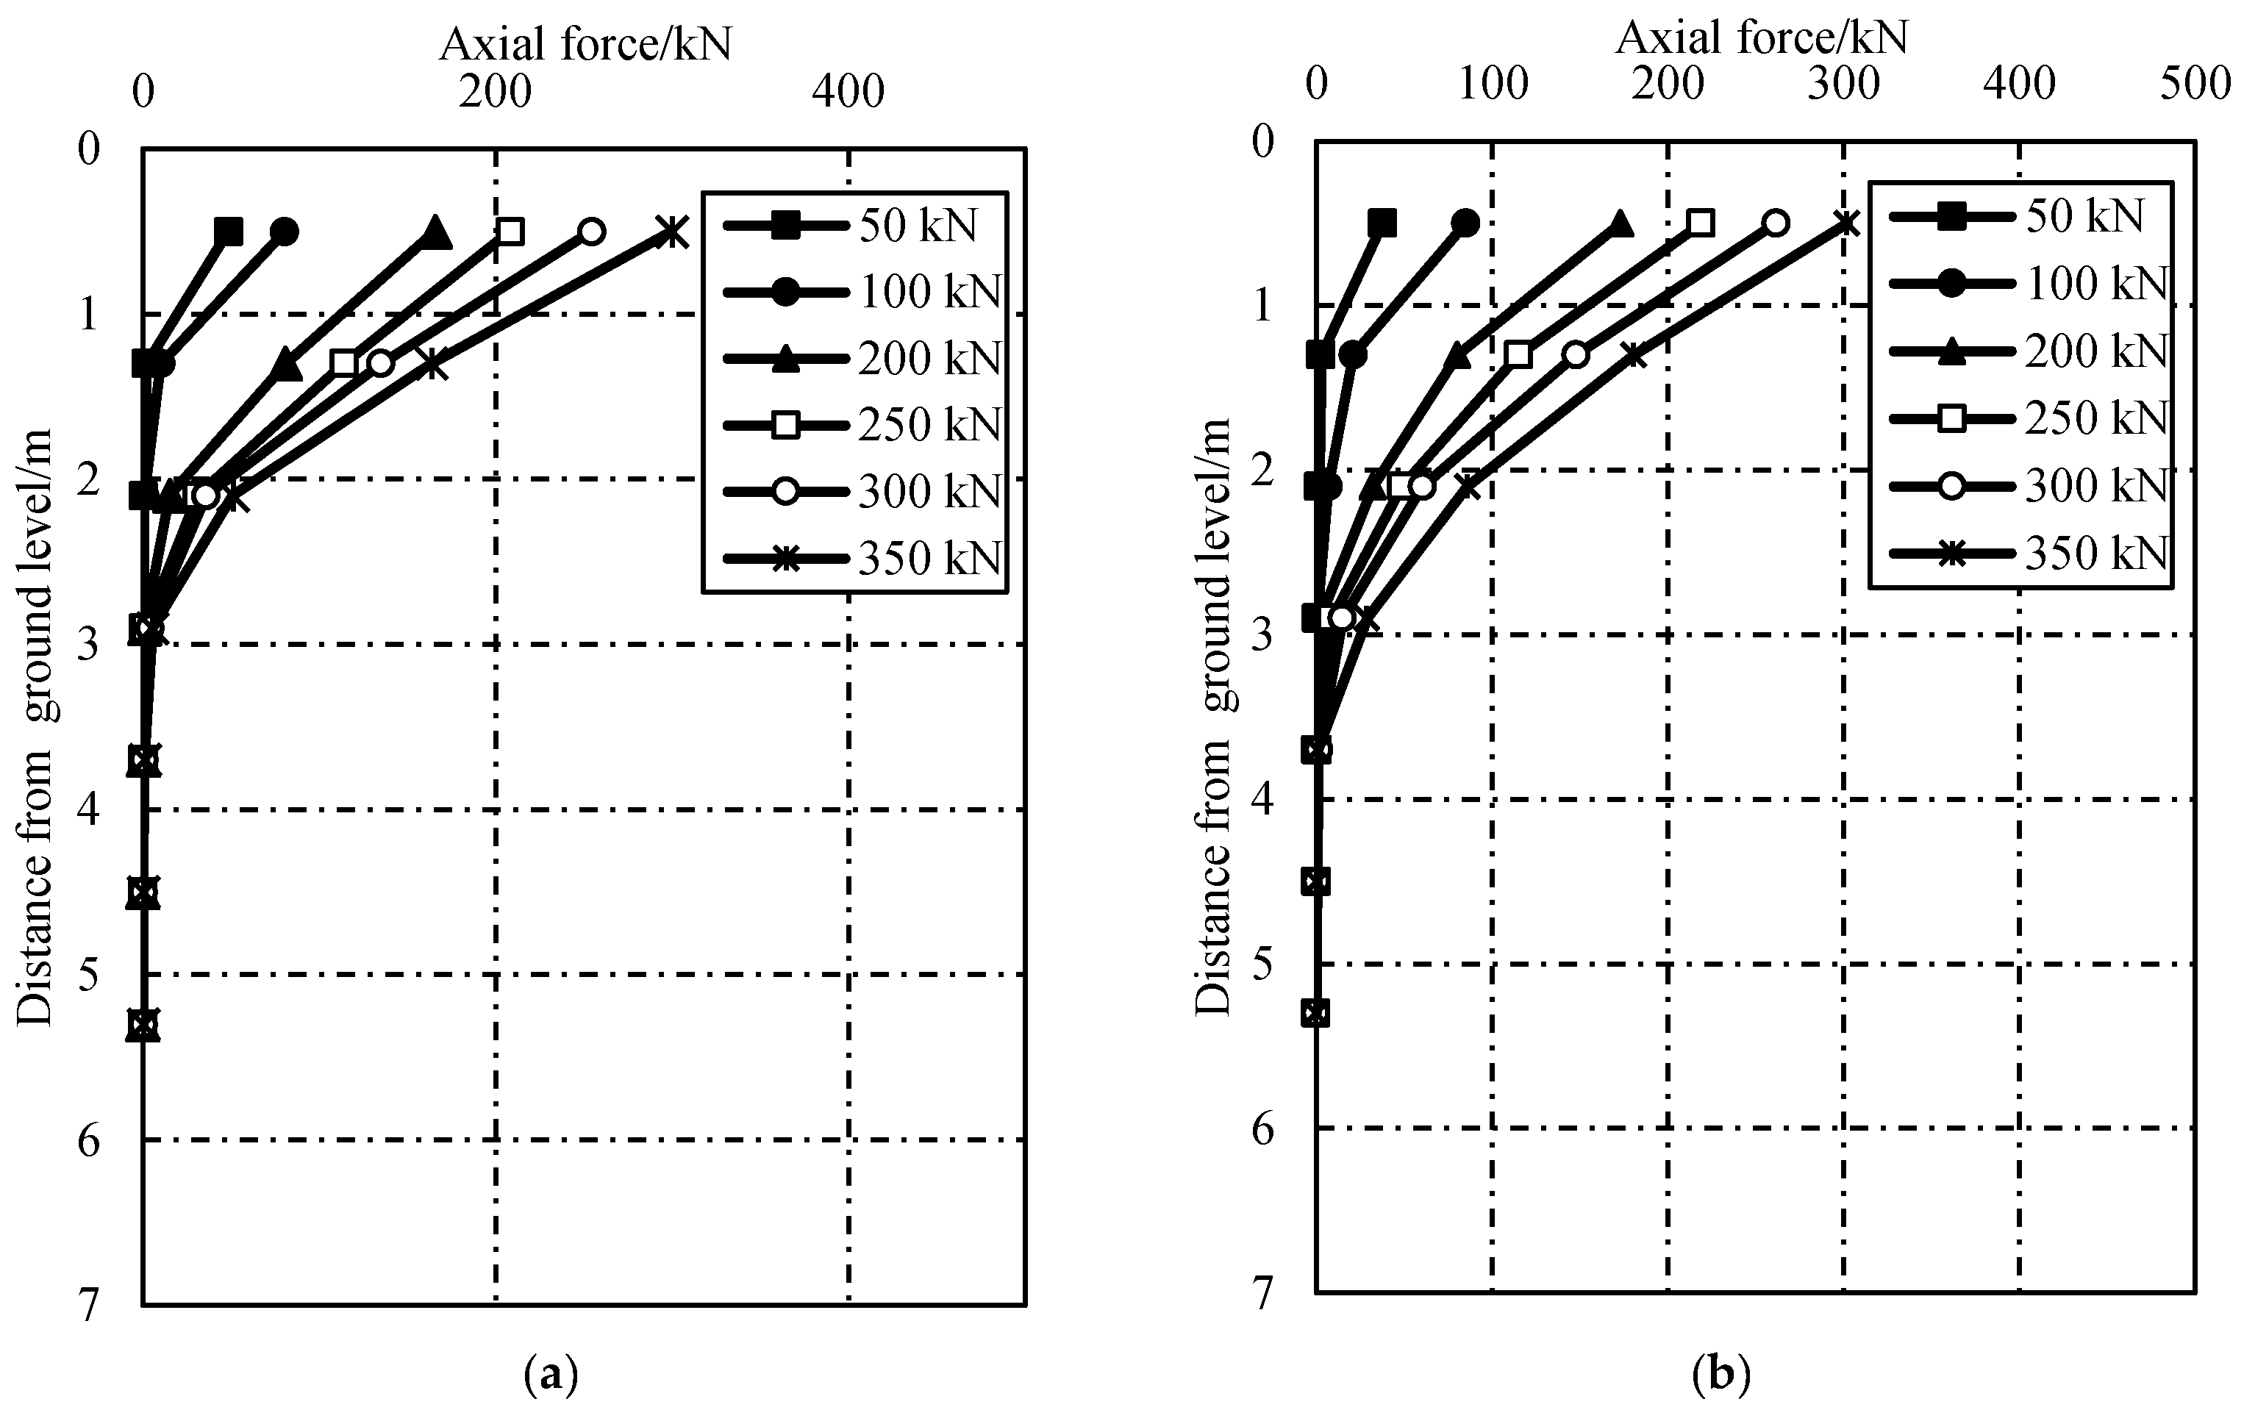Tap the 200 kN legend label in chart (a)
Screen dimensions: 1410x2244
[928, 359]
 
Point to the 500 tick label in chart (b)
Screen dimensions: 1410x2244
[2195, 85]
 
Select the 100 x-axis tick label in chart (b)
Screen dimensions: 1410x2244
[1492, 85]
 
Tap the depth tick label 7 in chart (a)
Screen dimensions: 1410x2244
[88, 1306]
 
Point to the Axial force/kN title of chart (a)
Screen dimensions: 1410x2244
[585, 43]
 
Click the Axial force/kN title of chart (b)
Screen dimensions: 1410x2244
[1761, 37]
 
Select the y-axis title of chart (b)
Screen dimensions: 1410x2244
[1214, 717]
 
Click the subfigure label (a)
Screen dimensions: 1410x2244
[551, 1375]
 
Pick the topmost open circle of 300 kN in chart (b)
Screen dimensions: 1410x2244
[1776, 223]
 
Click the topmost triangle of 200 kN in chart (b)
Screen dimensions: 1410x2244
[1620, 223]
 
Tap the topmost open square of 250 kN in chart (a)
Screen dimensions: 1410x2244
[510, 231]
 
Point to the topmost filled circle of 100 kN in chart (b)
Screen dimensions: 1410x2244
[1465, 223]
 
